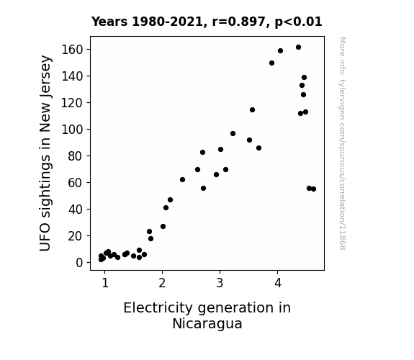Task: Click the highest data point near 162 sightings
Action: pyautogui.click(x=298, y=48)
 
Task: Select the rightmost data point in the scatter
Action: pyautogui.click(x=313, y=189)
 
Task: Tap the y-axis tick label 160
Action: pyautogui.click(x=72, y=50)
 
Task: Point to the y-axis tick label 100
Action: pyautogui.click(x=72, y=130)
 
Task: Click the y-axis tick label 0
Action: pyautogui.click(x=79, y=263)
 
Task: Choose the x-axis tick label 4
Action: pyautogui.click(x=278, y=283)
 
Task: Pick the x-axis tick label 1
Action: pyautogui.click(x=105, y=283)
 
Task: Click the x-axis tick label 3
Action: pyautogui.click(x=220, y=283)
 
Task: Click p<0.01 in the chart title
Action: pyautogui.click(x=298, y=22)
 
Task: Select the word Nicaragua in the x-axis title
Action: pyautogui.click(x=207, y=323)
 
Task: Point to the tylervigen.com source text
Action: pyautogui.click(x=342, y=143)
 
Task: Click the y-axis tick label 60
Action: pyautogui.click(x=76, y=182)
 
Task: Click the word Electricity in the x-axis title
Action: pyautogui.click(x=158, y=308)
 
